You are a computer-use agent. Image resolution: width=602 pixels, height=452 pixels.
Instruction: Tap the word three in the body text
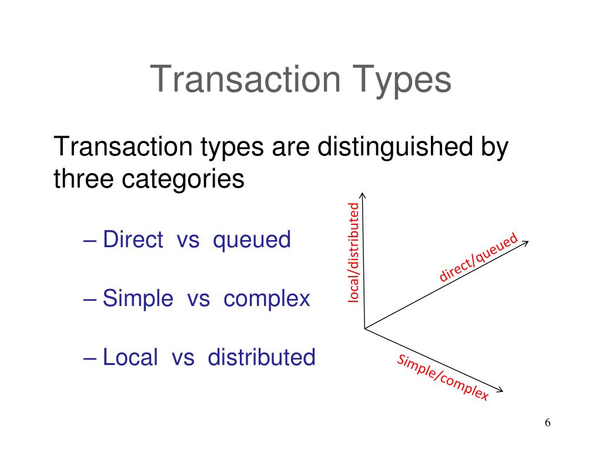(x=84, y=179)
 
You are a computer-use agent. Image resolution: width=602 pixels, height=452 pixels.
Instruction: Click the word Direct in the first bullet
(x=133, y=240)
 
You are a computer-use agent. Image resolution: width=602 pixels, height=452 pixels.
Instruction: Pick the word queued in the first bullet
(x=252, y=240)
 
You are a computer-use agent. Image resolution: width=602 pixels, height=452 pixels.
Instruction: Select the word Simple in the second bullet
(x=138, y=298)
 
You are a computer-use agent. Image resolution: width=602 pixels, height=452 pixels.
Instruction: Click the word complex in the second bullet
(x=266, y=298)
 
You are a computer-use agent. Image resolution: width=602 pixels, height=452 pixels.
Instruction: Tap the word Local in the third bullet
(x=131, y=357)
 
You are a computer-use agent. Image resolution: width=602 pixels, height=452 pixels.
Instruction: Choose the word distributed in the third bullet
(x=262, y=357)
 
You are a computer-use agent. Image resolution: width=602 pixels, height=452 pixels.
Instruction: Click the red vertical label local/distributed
(x=353, y=252)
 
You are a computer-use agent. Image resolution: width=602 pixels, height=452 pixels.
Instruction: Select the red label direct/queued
(x=479, y=257)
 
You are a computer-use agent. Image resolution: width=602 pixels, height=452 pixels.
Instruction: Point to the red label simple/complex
(x=443, y=378)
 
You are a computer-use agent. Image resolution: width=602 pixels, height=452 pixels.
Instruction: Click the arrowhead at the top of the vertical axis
(x=363, y=195)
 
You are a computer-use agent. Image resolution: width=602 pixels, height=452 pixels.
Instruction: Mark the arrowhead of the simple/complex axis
(x=501, y=390)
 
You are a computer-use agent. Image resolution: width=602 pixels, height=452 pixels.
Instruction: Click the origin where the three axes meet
(x=364, y=328)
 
